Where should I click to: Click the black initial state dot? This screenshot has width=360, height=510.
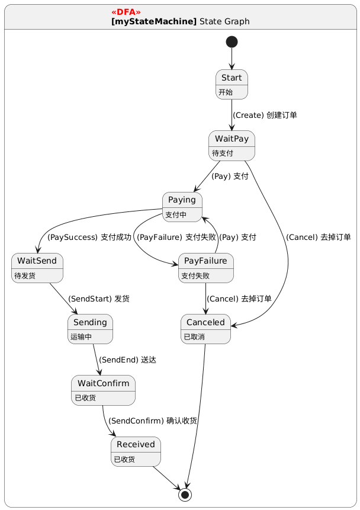[232, 41]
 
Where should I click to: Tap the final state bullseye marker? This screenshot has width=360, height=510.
[185, 494]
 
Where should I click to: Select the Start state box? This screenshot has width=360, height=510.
[232, 84]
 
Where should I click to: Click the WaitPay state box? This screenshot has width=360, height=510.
[232, 145]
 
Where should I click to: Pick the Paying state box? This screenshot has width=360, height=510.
[182, 206]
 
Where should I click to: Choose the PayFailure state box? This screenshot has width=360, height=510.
[205, 268]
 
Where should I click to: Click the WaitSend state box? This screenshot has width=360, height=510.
[37, 268]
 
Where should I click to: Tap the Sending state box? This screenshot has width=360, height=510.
[90, 329]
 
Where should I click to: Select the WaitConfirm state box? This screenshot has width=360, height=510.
[103, 390]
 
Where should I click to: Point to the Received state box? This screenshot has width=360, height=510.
[136, 451]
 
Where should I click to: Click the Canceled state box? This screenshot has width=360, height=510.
[205, 329]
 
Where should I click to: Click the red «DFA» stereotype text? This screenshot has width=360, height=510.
[126, 12]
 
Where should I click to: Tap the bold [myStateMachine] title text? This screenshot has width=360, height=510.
[153, 21]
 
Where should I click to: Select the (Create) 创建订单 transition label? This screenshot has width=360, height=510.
[264, 115]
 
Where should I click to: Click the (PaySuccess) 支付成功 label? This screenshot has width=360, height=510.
[89, 237]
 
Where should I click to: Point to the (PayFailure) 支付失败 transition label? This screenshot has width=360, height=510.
[176, 237]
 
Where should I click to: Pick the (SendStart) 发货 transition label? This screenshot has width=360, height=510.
[98, 299]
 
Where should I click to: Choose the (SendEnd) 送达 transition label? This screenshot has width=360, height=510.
[127, 360]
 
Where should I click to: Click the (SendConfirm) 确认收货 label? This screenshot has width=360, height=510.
[152, 421]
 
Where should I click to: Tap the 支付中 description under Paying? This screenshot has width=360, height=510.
[176, 214]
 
